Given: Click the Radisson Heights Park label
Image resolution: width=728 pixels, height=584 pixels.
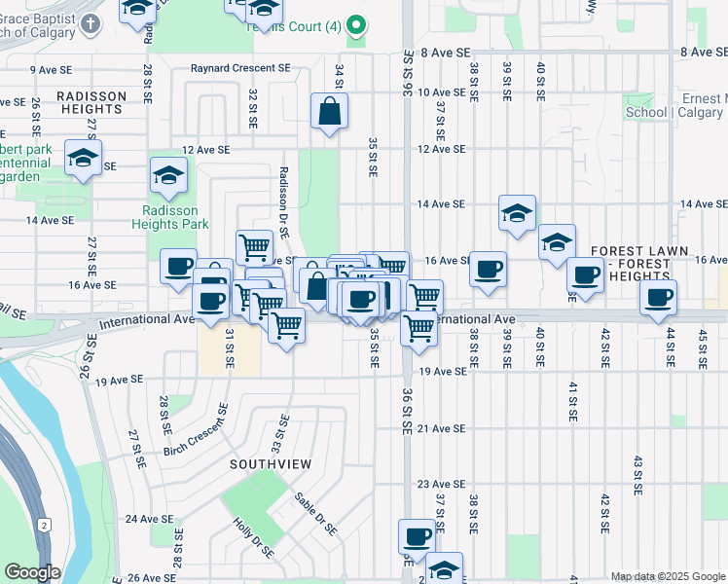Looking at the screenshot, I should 170,217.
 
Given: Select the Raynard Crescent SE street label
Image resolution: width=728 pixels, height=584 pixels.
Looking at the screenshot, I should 240,68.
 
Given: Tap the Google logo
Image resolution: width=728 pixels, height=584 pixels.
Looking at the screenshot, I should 32,572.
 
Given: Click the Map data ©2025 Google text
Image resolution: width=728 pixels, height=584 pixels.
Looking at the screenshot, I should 667,576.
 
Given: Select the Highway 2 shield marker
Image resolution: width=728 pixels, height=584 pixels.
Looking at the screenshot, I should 44,525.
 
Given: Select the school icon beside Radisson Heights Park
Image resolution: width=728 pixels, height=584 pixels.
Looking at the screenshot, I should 168,176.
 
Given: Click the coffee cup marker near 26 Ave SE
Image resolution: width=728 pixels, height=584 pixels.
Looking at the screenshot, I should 417,536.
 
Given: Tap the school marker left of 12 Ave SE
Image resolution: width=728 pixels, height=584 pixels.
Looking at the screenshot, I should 84,159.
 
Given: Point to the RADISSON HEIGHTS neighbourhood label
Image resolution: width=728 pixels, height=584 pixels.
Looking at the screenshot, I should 91,102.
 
